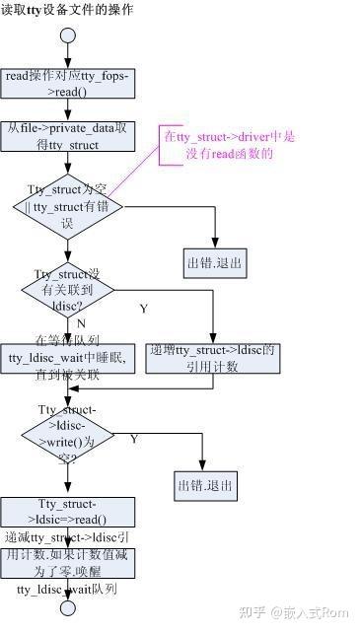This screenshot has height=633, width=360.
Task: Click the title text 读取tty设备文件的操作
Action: click(67, 10)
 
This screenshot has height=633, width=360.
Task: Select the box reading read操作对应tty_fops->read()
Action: click(67, 83)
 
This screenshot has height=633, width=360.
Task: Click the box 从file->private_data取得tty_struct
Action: click(67, 136)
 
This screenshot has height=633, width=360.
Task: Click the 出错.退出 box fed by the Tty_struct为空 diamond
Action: click(216, 263)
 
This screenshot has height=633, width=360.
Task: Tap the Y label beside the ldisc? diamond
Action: click(144, 309)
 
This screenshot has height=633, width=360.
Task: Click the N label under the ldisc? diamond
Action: click(81, 323)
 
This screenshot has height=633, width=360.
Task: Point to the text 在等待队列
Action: click(67, 337)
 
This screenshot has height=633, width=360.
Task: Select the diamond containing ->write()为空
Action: click(68, 432)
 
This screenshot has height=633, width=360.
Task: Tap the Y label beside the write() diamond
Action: click(134, 438)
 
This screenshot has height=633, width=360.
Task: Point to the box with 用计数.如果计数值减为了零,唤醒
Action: click(67, 563)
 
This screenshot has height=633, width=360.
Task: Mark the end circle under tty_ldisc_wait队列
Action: click(68, 607)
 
